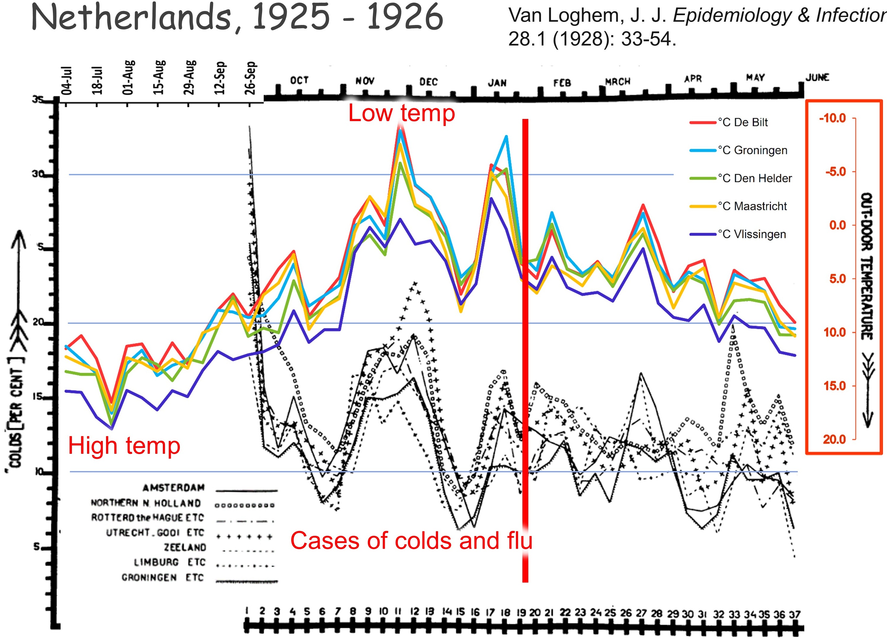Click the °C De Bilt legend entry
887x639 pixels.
(x=742, y=123)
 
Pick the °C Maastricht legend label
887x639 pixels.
(x=752, y=206)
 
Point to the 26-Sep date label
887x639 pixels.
(x=250, y=78)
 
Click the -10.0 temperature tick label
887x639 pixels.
(x=833, y=118)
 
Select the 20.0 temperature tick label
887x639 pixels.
(x=834, y=439)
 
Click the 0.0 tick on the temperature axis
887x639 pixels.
(x=837, y=225)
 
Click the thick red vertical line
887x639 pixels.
(x=525, y=352)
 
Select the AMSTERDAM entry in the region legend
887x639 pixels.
(x=173, y=488)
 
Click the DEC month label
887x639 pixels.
(x=428, y=82)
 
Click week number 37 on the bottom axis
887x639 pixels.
(x=794, y=614)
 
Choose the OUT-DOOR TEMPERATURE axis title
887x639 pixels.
(x=866, y=266)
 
